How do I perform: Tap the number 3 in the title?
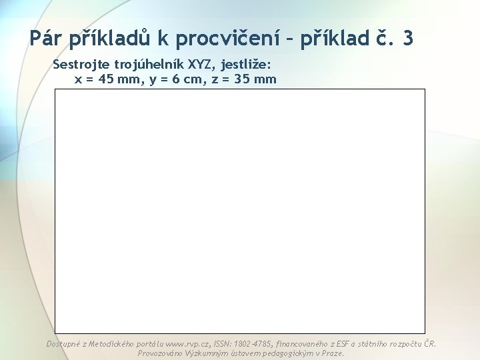point(407,39)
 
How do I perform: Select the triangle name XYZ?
point(202,65)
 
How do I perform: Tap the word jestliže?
point(247,65)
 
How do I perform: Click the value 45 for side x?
point(107,79)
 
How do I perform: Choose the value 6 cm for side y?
point(175,79)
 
